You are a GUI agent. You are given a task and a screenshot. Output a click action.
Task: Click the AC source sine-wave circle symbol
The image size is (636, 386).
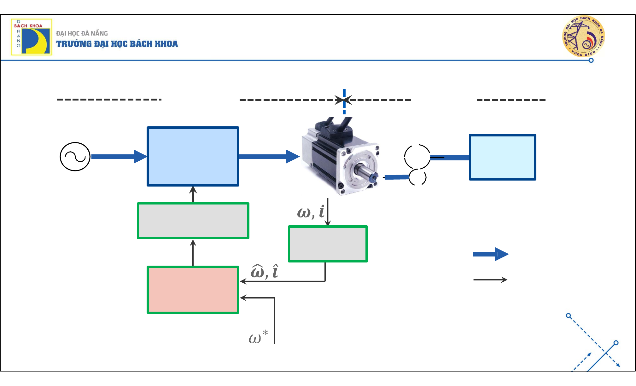coord(75,157)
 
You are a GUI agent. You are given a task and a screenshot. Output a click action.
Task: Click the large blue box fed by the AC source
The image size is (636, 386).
coord(193,156)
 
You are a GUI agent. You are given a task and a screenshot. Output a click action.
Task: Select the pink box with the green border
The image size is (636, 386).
coord(193,290)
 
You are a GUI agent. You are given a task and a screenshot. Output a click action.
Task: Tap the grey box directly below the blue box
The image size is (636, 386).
coord(193,221)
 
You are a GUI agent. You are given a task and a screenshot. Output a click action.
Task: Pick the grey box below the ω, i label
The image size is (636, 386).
coord(328,244)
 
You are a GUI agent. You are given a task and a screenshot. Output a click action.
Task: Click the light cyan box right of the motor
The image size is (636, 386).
coord(503,157)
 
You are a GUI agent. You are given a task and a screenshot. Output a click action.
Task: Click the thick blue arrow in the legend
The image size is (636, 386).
coord(490,254)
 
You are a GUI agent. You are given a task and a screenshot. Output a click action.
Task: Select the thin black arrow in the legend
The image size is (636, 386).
coord(490,279)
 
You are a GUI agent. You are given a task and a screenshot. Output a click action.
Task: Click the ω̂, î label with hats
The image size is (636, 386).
coord(265,272)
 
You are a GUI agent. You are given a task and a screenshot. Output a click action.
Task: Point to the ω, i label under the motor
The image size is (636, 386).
coord(311,212)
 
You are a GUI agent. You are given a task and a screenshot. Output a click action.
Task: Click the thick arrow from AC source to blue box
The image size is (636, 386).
coord(118,157)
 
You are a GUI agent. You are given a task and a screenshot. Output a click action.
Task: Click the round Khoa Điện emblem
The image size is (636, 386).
coord(583,37)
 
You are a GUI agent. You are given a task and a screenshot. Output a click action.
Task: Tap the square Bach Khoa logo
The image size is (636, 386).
coord(32,37)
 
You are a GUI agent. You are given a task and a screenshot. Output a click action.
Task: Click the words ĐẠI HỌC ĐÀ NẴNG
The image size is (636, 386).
coord(82,33)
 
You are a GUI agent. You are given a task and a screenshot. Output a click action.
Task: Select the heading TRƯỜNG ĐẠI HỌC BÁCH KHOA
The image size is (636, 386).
coord(117,44)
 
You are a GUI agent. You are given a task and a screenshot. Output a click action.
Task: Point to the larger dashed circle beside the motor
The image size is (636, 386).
coord(417,157)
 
